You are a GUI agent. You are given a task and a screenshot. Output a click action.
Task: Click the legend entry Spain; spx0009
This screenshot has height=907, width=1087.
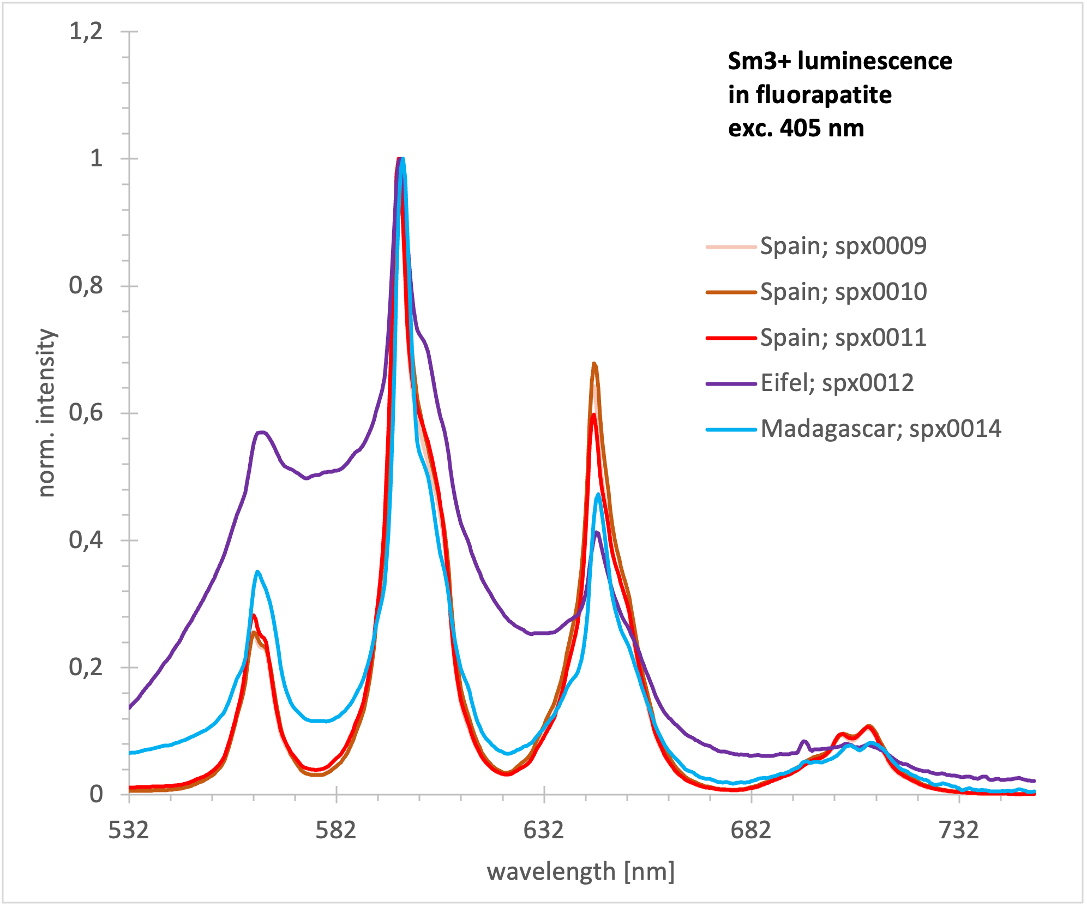(x=843, y=246)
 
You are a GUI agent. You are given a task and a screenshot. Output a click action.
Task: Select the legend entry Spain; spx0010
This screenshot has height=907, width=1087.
(x=843, y=292)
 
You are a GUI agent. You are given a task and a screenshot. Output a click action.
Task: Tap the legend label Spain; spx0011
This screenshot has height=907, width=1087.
(x=843, y=338)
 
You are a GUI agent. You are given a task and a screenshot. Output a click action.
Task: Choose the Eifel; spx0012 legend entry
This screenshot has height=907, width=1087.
(x=837, y=383)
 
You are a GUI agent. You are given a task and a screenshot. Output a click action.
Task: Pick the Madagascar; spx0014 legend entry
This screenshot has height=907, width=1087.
(x=881, y=429)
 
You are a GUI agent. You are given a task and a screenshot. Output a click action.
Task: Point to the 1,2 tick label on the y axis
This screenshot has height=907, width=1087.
(x=86, y=31)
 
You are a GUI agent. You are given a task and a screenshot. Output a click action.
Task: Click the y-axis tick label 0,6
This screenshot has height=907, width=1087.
(x=86, y=413)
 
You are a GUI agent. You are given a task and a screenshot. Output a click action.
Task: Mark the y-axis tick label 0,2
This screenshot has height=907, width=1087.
(x=86, y=667)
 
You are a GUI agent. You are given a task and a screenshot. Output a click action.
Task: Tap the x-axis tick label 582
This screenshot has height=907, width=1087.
(x=336, y=830)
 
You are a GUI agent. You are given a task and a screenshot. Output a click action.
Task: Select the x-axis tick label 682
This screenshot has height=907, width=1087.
(x=751, y=830)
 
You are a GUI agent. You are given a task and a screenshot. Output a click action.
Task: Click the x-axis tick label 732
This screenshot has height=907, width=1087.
(x=959, y=830)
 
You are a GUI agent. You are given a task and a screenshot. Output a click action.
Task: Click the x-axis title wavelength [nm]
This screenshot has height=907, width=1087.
(x=581, y=872)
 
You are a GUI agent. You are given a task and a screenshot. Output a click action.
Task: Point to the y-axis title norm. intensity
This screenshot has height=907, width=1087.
(x=47, y=413)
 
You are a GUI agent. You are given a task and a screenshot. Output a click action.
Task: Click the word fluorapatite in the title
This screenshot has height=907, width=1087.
(x=824, y=95)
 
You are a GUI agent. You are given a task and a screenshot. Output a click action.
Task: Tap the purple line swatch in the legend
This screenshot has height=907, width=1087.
(x=731, y=384)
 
